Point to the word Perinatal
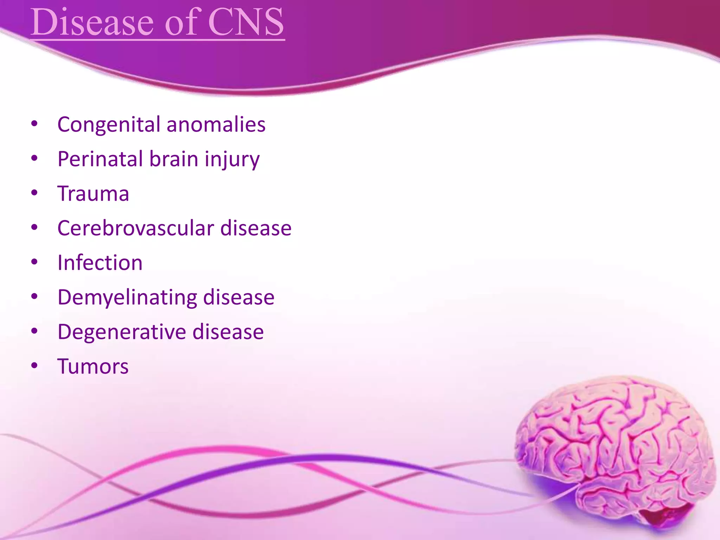click(x=101, y=159)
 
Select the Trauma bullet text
click(x=93, y=193)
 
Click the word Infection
click(x=100, y=263)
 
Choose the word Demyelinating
click(x=127, y=297)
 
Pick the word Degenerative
click(x=122, y=332)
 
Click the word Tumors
click(x=93, y=366)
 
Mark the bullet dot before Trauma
click(x=34, y=193)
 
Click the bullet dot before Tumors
click(x=34, y=366)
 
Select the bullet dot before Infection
click(x=34, y=262)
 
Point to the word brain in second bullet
click(x=174, y=159)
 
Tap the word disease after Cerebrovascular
click(x=256, y=228)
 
